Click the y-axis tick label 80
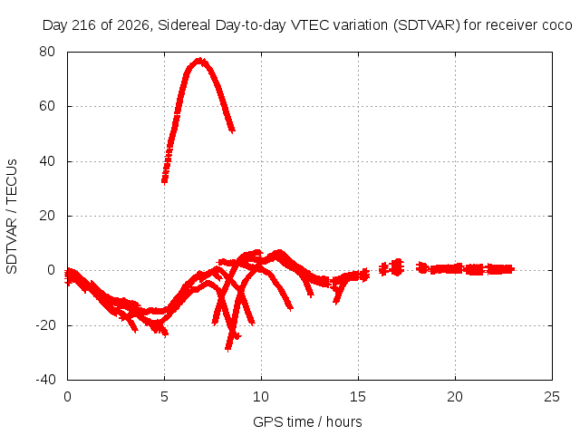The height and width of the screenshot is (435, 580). tap(47, 52)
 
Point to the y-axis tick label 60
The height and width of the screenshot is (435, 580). tap(47, 106)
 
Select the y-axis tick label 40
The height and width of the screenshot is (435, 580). tap(47, 161)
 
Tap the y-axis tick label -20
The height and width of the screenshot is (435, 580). tap(45, 325)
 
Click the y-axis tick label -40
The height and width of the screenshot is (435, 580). tap(45, 380)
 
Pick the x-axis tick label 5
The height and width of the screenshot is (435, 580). tap(164, 397)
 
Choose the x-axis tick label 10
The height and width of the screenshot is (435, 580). tap(261, 397)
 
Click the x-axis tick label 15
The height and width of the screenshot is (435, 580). tap(358, 397)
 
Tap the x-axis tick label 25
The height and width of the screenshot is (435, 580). tap(552, 397)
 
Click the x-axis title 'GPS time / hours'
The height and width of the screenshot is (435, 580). tap(307, 422)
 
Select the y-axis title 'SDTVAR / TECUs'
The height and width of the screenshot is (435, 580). tap(12, 217)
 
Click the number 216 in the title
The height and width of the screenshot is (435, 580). tap(83, 25)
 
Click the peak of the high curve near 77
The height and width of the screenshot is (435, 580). tap(199, 61)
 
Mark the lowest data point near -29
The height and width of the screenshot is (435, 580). tap(227, 348)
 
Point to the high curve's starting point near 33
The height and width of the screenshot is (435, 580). tap(165, 180)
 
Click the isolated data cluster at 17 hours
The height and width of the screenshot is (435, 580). tap(397, 267)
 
